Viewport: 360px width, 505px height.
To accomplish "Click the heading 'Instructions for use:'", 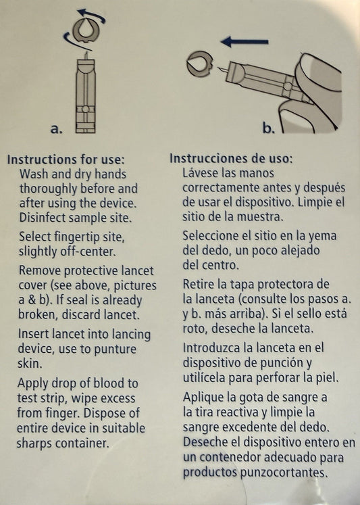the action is coord(66,160).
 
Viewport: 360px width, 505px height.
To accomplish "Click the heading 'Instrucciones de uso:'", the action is coord(231,158).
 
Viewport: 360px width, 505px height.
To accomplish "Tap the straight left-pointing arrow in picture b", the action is coord(245,41).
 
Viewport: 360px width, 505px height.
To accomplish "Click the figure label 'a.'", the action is coord(56,129).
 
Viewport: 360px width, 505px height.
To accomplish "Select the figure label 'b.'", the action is coord(269,128).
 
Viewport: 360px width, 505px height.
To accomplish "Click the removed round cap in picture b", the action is coord(199,63).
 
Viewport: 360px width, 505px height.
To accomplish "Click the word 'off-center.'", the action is coord(88,251).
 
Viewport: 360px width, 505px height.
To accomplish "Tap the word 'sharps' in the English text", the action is coord(34,443).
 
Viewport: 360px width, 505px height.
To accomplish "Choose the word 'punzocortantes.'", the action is coord(284,473).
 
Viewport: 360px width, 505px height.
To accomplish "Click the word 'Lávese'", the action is coord(201,173).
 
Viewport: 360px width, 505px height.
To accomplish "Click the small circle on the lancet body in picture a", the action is coord(85,110).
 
